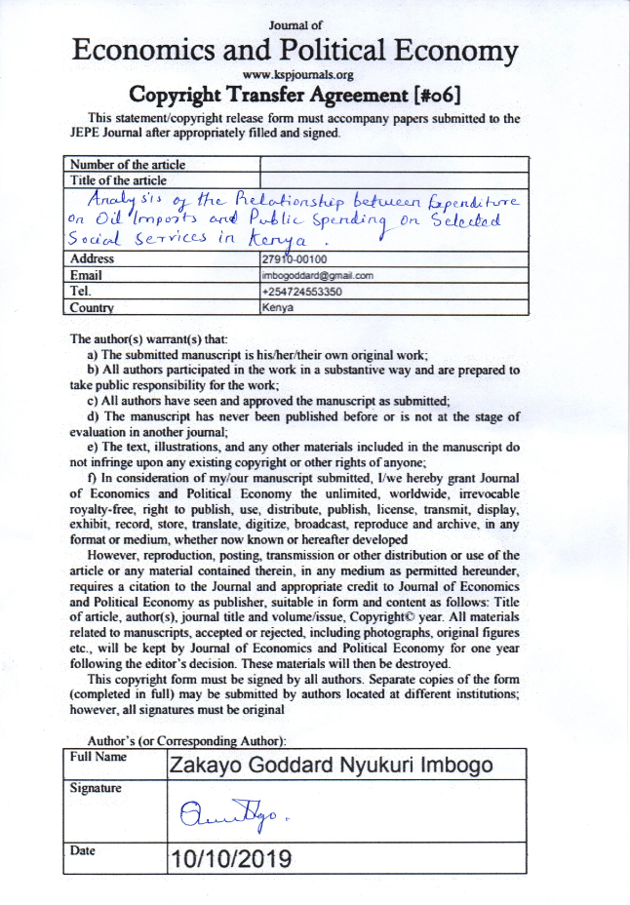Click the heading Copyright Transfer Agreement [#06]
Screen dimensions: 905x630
[x=310, y=95]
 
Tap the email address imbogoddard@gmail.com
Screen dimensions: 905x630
[x=318, y=276]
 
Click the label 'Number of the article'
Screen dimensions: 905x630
[x=127, y=165]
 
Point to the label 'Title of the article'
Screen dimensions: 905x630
[x=118, y=180]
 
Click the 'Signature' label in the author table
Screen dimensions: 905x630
[x=96, y=788]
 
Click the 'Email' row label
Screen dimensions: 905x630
[x=86, y=276]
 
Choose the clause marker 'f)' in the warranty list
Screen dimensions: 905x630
[x=93, y=478]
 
